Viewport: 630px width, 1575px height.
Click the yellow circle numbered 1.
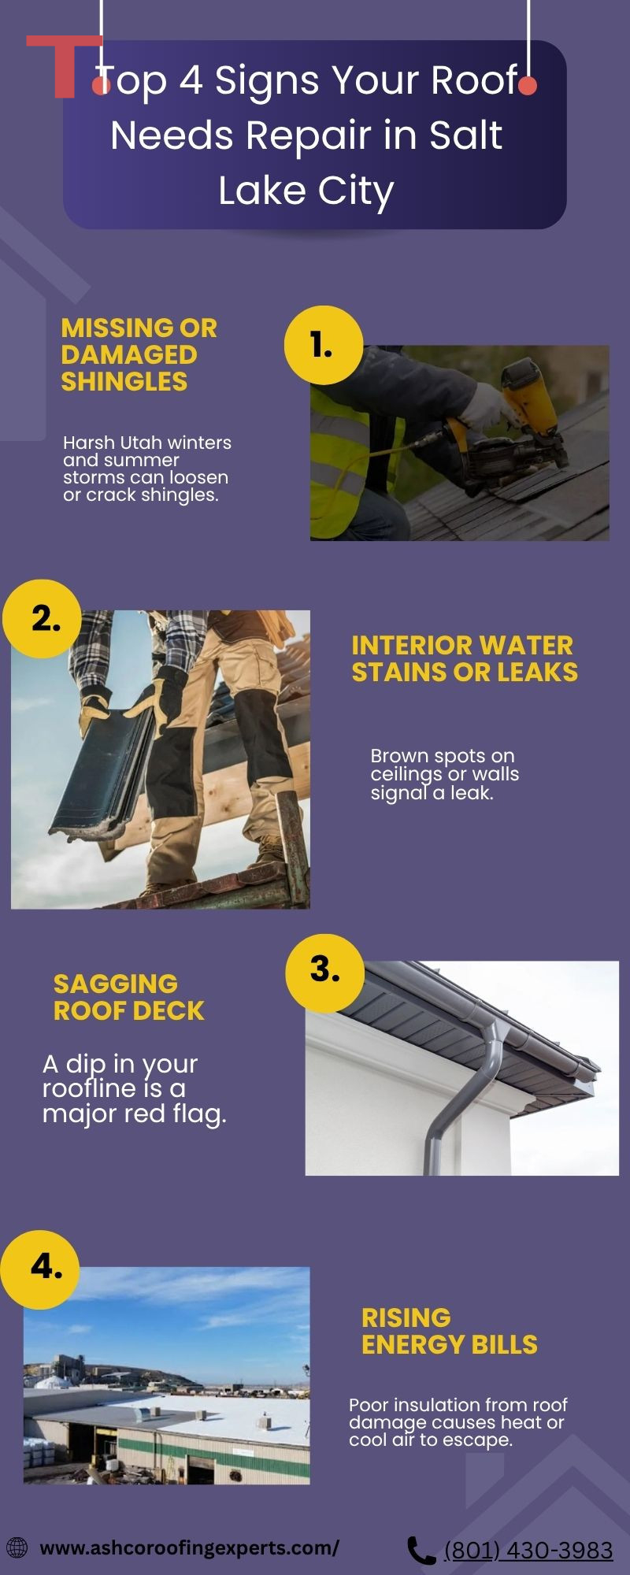coord(324,346)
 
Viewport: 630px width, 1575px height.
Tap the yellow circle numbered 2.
coord(43,619)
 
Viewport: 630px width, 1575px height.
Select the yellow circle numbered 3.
coord(324,973)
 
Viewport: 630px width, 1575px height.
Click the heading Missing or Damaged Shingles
coord(139,354)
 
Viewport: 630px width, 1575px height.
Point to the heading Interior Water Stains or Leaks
coord(465,658)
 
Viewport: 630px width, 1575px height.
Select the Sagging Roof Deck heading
coord(128,997)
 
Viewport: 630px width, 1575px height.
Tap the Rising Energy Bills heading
coord(450,1331)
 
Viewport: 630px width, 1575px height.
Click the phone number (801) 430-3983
coord(528,1551)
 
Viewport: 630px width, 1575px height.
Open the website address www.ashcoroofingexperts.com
coord(189,1547)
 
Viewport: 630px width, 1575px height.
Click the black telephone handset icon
coord(421,1551)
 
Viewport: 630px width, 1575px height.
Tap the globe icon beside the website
coord(17,1547)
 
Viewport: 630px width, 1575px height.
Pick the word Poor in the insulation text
coord(369,1405)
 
